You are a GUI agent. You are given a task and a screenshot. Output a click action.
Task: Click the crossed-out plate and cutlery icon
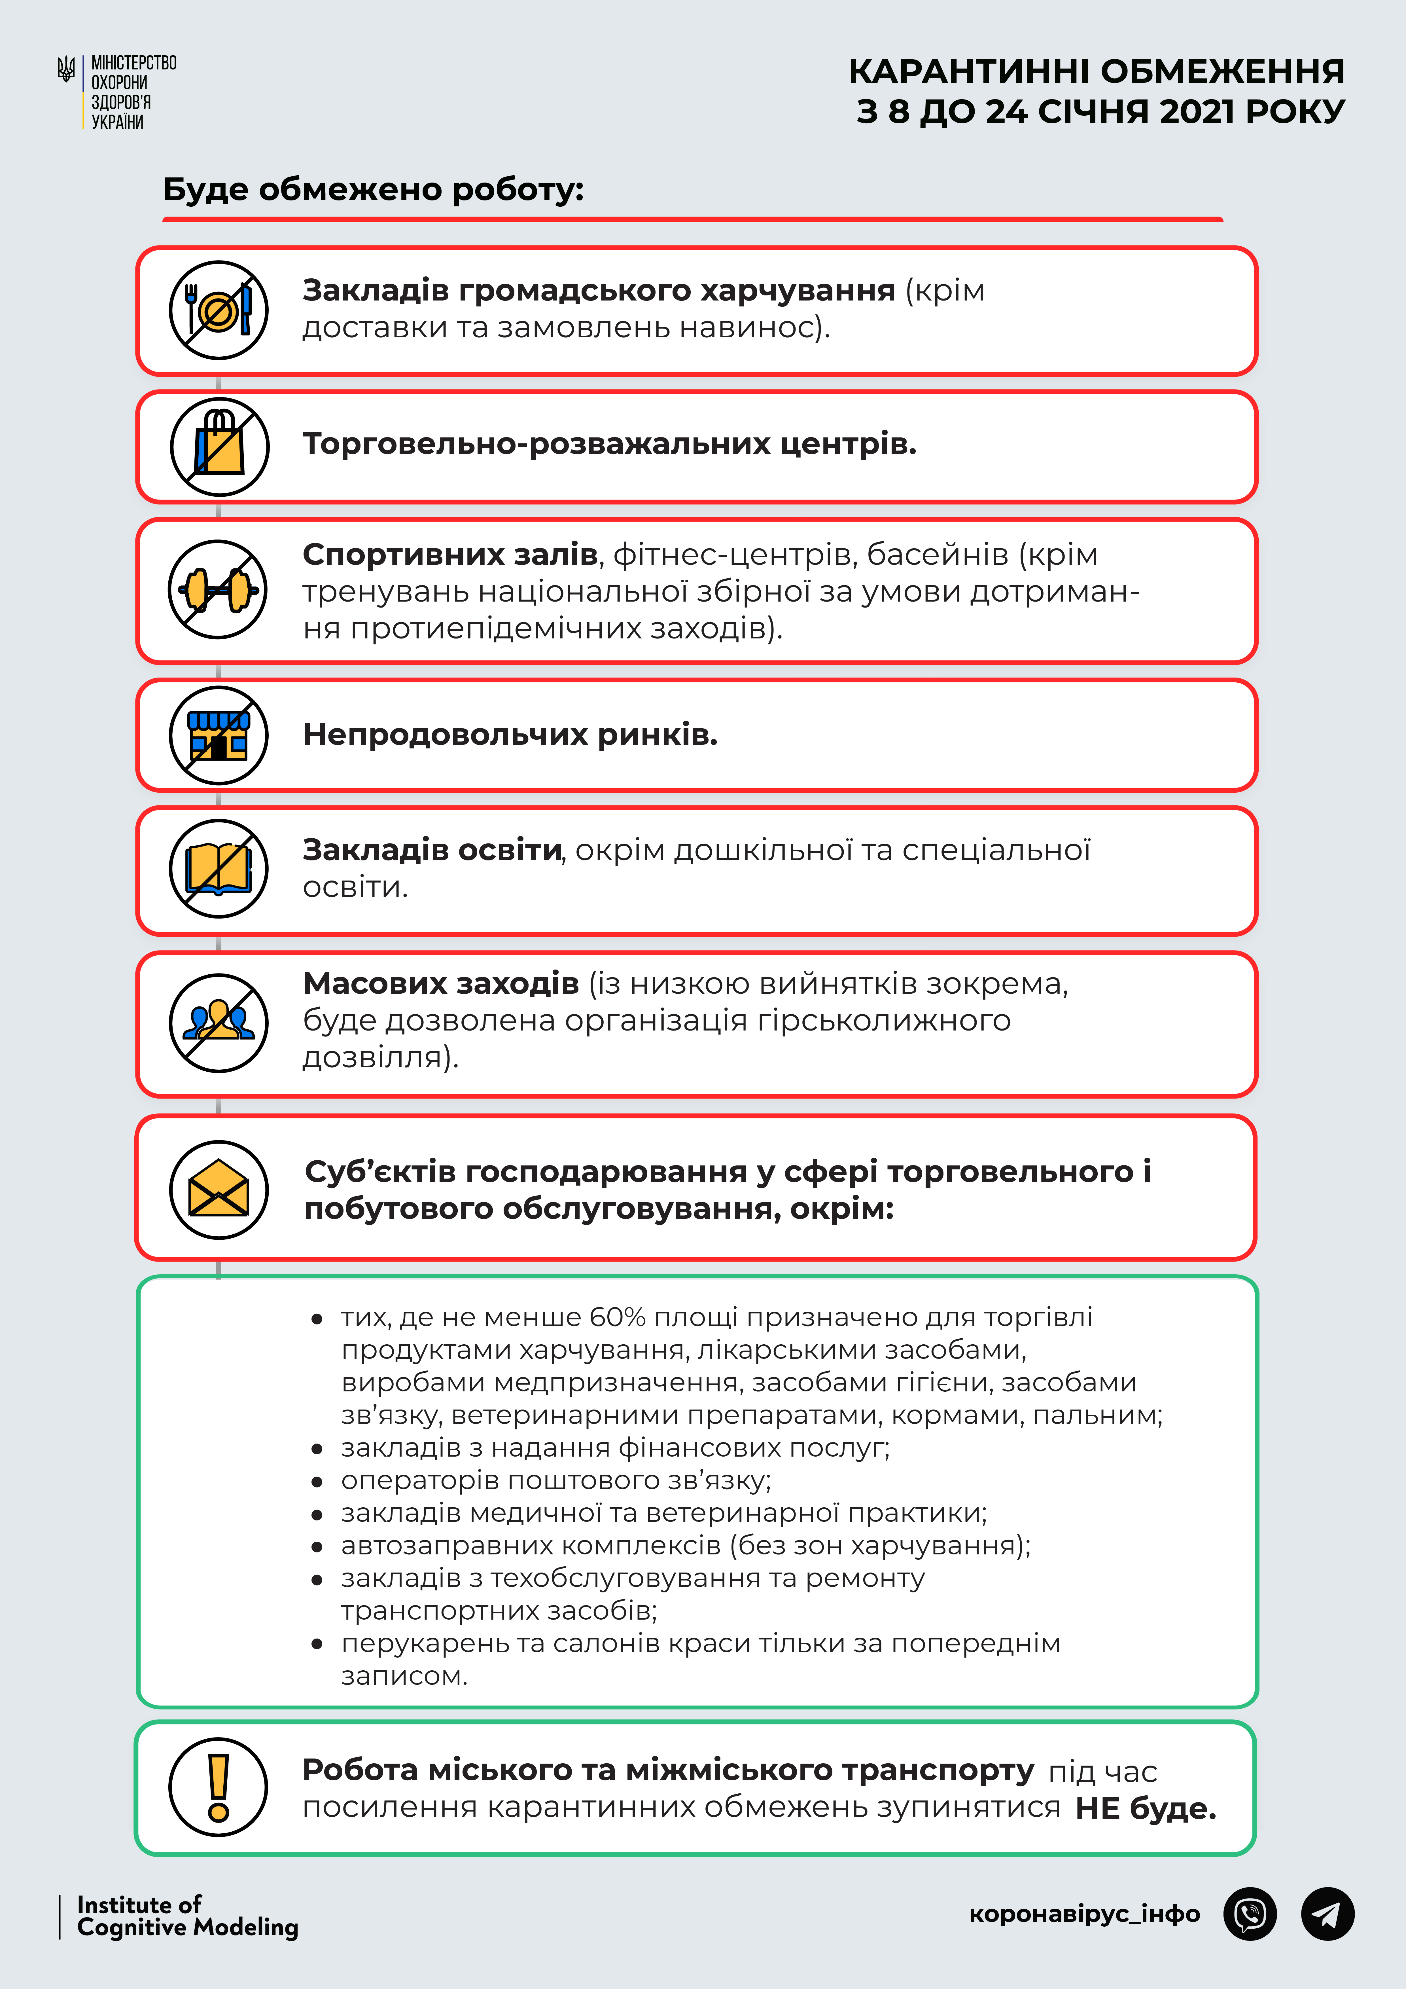point(218,310)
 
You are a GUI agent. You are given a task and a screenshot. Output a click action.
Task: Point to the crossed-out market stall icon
point(218,735)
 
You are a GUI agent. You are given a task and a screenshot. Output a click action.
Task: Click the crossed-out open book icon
point(218,869)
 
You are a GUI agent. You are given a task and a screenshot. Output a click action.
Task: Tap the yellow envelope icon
point(218,1188)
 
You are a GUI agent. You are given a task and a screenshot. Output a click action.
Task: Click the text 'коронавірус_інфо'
point(1085,1914)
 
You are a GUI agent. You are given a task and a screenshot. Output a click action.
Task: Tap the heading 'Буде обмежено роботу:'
point(373,189)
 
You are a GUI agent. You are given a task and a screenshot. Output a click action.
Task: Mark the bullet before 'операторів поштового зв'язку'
point(317,1481)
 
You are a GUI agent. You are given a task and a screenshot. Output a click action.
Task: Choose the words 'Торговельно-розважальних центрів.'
point(609,444)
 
